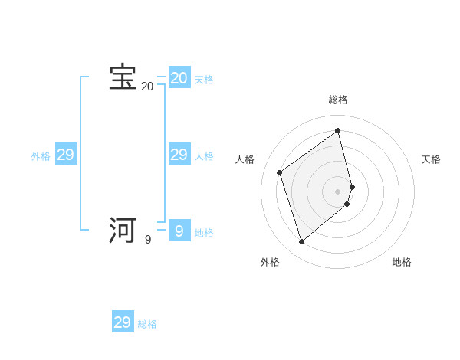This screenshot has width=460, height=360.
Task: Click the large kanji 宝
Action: point(123,77)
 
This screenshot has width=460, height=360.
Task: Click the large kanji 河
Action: point(123,230)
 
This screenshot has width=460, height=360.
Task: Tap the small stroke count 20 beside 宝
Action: point(147,87)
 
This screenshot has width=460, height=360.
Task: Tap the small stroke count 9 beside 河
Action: point(148,240)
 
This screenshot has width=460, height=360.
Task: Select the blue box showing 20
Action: point(179,78)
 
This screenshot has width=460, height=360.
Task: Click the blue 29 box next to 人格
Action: point(179,155)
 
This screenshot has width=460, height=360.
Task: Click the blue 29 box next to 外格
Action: point(66,155)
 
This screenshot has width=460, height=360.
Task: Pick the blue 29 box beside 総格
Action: point(123,322)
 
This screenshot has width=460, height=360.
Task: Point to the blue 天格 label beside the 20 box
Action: point(204,80)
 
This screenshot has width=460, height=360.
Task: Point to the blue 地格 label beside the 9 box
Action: point(204,233)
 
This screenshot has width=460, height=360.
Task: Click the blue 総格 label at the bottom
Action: point(147,324)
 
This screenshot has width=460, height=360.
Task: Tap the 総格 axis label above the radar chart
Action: point(338,100)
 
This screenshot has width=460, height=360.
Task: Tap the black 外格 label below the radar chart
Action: point(270,262)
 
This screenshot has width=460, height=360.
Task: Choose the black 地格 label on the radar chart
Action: point(402,262)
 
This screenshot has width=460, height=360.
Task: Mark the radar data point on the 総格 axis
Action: point(338,130)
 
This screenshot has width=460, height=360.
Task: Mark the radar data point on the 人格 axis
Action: point(280,172)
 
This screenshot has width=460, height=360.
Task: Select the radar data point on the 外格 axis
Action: point(302,242)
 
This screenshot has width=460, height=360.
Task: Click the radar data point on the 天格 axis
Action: point(352,186)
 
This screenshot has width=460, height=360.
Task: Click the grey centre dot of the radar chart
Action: point(338,191)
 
